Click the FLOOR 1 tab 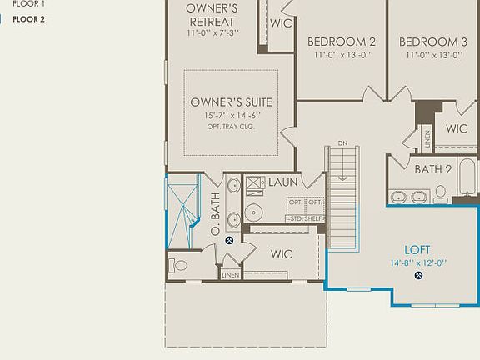click(28, 3)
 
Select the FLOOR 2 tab click(28, 19)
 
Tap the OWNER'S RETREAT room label click(212, 14)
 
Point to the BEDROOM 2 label click(341, 42)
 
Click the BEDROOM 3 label click(432, 42)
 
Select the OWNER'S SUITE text click(231, 102)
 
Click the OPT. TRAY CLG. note click(231, 127)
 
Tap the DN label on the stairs click(342, 143)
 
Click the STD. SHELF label click(304, 218)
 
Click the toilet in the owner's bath click(178, 265)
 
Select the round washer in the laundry click(253, 209)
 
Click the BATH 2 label click(433, 169)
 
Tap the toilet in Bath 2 click(440, 194)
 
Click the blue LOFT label click(417, 249)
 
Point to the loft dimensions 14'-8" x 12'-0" click(417, 262)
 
